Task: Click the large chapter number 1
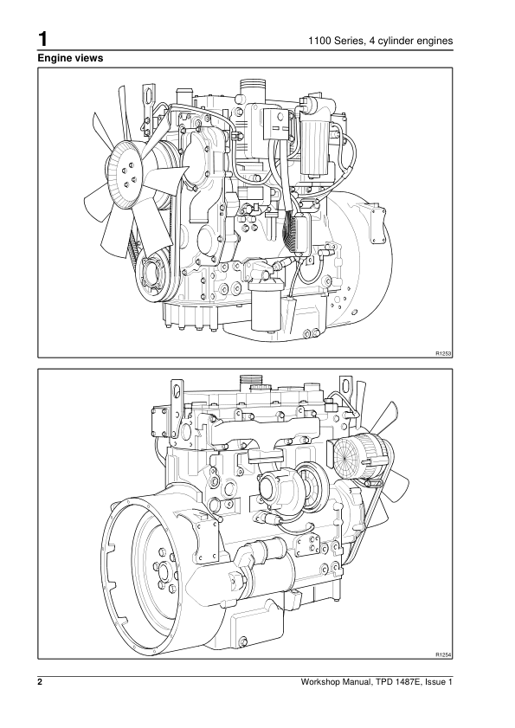pos(42,39)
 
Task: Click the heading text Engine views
pos(70,58)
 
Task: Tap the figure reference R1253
pos(443,354)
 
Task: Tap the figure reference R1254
pos(443,654)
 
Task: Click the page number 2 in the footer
pos(40,682)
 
